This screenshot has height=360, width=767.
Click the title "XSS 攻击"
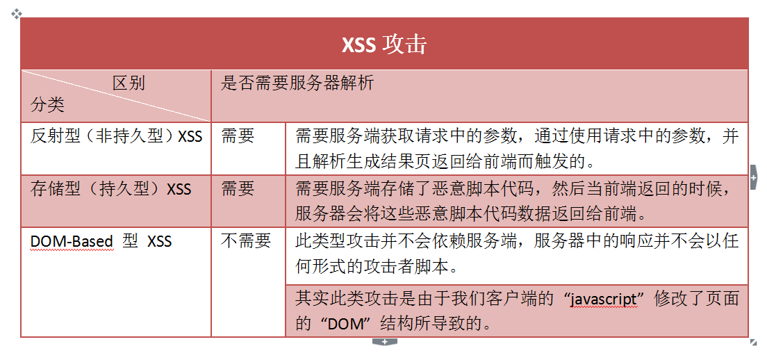[x=384, y=44]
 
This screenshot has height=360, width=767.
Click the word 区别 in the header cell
[x=129, y=83]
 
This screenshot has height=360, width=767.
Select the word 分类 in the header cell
[x=47, y=104]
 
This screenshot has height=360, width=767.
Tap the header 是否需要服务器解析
[x=297, y=83]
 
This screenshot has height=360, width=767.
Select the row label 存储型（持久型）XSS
[x=110, y=189]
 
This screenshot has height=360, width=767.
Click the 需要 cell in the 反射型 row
[x=238, y=136]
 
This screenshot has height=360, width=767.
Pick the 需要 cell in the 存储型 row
[x=238, y=189]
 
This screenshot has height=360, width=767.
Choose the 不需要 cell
[x=246, y=241]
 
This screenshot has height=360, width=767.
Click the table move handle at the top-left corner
[x=16, y=14]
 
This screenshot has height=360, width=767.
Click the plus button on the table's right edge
[x=753, y=178]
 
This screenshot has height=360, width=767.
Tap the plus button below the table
[x=384, y=341]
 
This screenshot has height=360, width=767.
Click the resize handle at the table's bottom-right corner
[x=753, y=343]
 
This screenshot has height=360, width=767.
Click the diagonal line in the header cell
[x=116, y=96]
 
